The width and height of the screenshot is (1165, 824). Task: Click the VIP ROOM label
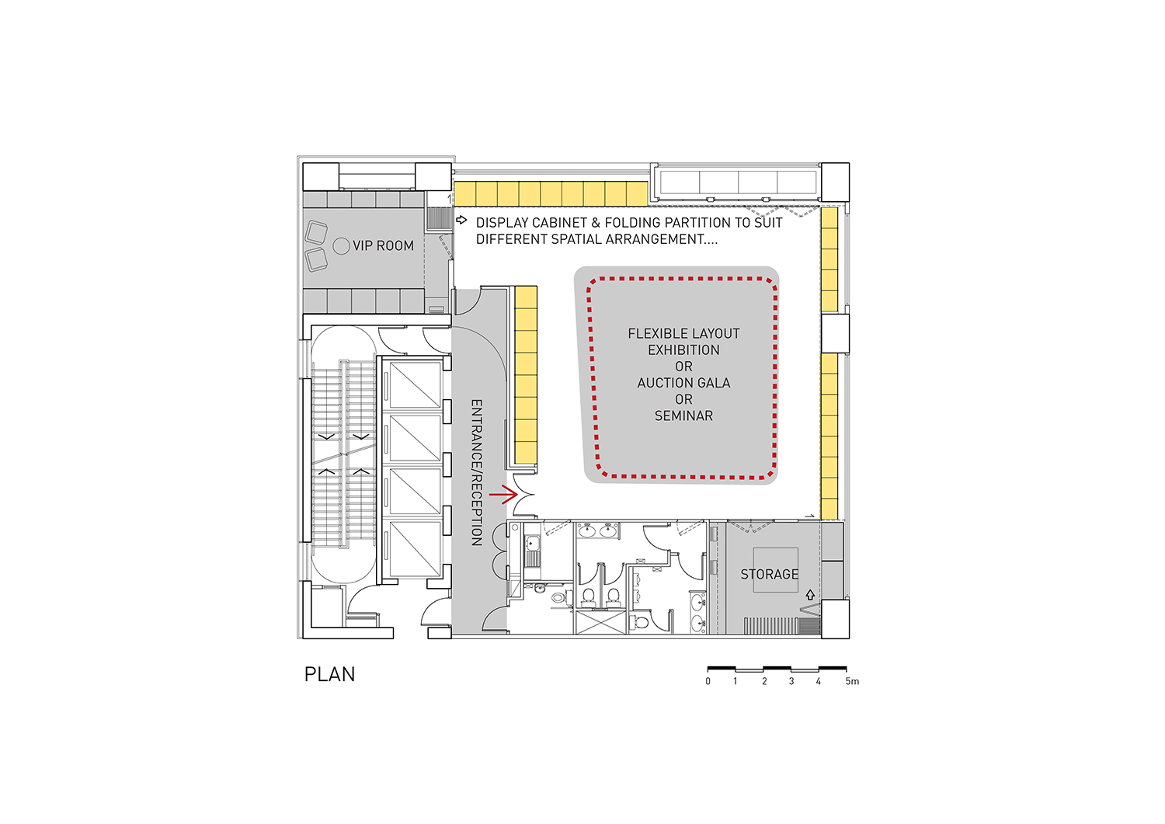pos(384,245)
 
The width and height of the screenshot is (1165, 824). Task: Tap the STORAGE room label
pos(769,574)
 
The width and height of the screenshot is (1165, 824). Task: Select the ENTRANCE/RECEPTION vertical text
pos(476,472)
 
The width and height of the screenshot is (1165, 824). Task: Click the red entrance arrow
pos(503,494)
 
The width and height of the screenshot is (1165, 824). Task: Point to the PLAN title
pos(330,674)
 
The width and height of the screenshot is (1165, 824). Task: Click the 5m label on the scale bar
pos(852,681)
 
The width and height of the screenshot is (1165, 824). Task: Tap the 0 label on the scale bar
pos(708,681)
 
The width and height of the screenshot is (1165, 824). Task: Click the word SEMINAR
pos(683,415)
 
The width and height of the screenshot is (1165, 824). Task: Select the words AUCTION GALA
pos(683,383)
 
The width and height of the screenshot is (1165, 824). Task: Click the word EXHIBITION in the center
pos(683,349)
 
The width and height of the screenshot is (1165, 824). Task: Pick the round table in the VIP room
pos(341,246)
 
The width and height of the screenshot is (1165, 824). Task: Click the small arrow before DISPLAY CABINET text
pos(461,220)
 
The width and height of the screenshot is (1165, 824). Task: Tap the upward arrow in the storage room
pos(810,595)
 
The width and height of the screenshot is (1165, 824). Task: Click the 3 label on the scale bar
pos(791,681)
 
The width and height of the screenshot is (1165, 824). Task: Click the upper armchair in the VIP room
pos(316,232)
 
